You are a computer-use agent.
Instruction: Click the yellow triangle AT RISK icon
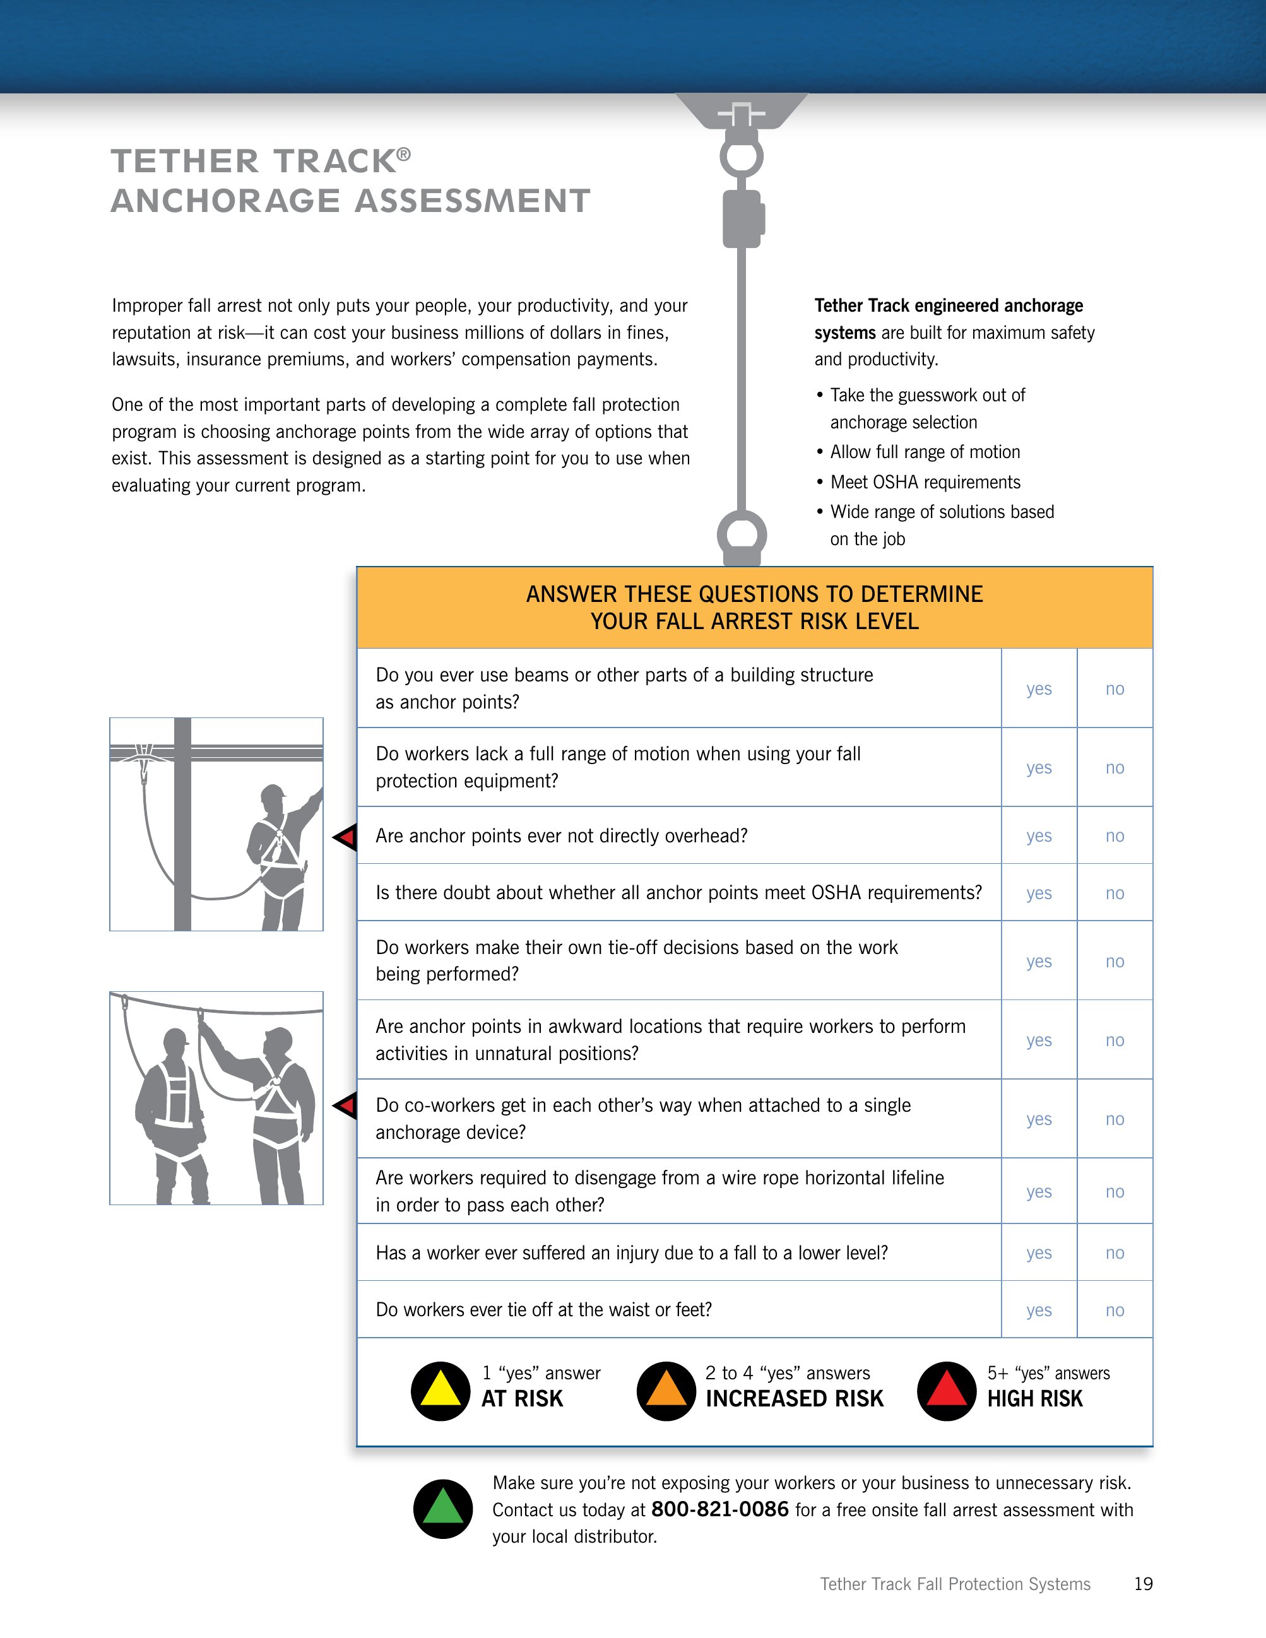tap(441, 1391)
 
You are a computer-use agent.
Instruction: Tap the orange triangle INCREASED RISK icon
tap(666, 1391)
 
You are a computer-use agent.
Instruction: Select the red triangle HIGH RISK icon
tap(947, 1391)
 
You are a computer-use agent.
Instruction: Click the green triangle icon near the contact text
tap(443, 1509)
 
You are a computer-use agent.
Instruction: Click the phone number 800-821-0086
tap(720, 1509)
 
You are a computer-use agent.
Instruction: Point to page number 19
tap(1143, 1584)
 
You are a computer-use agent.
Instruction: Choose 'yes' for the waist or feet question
tap(1039, 1311)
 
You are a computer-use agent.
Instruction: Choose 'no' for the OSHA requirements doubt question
tap(1115, 893)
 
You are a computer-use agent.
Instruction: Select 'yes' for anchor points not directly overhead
tap(1039, 836)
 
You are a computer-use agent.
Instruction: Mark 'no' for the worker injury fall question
tap(1115, 1253)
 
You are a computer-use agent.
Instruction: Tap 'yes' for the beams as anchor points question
tap(1039, 689)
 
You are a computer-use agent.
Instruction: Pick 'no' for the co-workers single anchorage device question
tap(1115, 1120)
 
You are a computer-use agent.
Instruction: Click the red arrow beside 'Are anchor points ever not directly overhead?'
tap(346, 836)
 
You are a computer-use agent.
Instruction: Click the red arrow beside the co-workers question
tap(346, 1105)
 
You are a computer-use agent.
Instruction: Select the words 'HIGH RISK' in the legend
tap(1035, 1399)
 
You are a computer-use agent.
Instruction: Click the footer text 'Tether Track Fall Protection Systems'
tap(955, 1584)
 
